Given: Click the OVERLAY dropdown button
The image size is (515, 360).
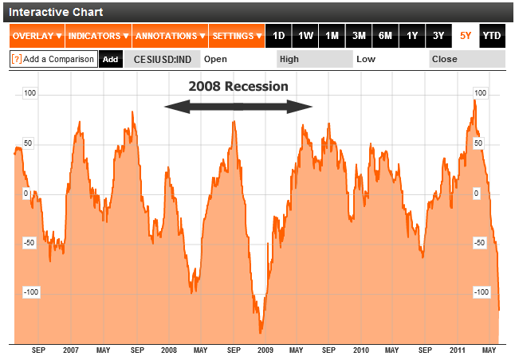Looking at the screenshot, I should click(37, 36).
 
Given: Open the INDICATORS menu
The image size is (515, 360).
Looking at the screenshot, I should click(97, 36).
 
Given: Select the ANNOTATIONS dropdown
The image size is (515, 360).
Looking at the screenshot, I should click(170, 36).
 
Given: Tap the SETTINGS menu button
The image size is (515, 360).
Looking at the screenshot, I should click(238, 36).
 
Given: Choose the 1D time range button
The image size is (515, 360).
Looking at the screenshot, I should click(278, 36).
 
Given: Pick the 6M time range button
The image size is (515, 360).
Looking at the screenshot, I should click(385, 36).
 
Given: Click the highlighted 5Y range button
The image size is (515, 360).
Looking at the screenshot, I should click(466, 36).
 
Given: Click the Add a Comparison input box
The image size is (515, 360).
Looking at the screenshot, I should click(53, 59).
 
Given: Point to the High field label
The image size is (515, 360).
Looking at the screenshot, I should click(289, 59).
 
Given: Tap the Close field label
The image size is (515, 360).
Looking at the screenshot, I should click(444, 59).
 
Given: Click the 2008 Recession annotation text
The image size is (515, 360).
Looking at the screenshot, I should click(238, 86).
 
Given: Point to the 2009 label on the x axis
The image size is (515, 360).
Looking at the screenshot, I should click(265, 350).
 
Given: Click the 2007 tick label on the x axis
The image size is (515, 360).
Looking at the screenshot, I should click(71, 350).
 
